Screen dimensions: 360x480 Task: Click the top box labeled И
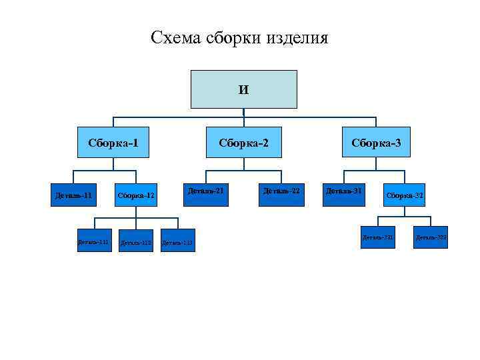tap(243, 89)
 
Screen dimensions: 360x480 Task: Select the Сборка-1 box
tap(113, 142)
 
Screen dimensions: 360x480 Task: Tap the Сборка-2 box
tap(243, 142)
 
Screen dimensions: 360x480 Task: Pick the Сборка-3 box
tap(376, 142)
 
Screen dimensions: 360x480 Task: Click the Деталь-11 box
tap(73, 195)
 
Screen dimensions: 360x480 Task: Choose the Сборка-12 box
tap(136, 195)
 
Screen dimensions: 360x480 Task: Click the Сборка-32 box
tap(405, 195)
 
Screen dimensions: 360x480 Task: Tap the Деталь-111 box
tap(93, 241)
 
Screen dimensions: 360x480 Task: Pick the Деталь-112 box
tap(136, 241)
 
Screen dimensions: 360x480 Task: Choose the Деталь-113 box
tap(178, 241)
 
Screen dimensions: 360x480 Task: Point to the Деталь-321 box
tap(378, 237)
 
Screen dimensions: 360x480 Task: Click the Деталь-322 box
tap(431, 237)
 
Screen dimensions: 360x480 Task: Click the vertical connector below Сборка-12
tap(136, 212)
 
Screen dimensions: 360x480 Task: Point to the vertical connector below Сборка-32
tap(405, 211)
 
